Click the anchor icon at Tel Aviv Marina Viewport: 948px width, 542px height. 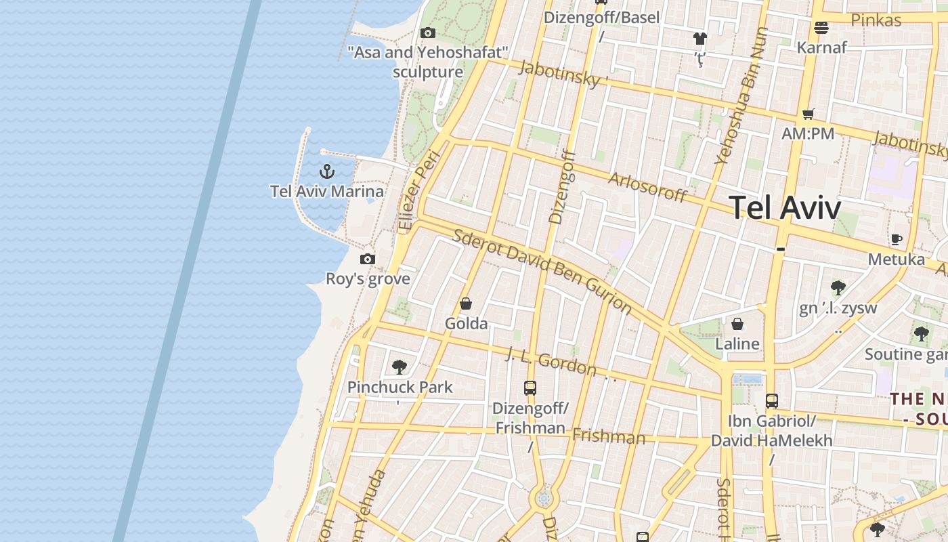pyautogui.click(x=327, y=171)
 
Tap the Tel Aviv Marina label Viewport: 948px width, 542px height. pyautogui.click(x=327, y=192)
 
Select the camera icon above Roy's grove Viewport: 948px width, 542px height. pyautogui.click(x=368, y=259)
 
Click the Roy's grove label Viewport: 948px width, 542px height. pyautogui.click(x=368, y=279)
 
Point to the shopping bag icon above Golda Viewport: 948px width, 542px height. pyautogui.click(x=466, y=304)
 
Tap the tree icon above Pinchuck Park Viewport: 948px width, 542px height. pyautogui.click(x=400, y=367)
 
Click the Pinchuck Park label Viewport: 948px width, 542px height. pyautogui.click(x=400, y=388)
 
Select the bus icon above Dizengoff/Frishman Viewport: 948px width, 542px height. pyautogui.click(x=530, y=388)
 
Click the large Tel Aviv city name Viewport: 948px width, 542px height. pyautogui.click(x=785, y=207)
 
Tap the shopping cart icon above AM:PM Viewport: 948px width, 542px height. pyautogui.click(x=808, y=114)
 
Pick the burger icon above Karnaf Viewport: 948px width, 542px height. pyautogui.click(x=821, y=28)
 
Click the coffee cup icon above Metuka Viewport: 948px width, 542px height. pyautogui.click(x=897, y=239)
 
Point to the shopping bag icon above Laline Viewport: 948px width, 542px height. pyautogui.click(x=737, y=324)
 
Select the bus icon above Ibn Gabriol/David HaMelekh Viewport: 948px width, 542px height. pyautogui.click(x=772, y=400)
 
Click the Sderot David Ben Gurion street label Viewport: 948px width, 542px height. pyautogui.click(x=542, y=272)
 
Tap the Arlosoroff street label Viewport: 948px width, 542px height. pyautogui.click(x=647, y=186)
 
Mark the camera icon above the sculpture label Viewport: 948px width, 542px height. pyautogui.click(x=427, y=33)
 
